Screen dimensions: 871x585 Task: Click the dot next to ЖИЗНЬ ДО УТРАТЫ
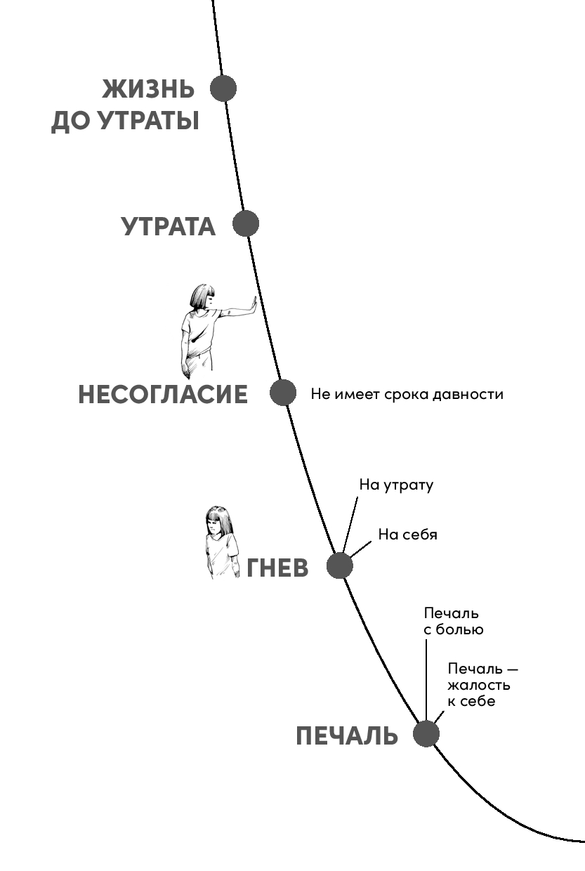[223, 89]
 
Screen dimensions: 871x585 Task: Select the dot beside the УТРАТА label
[246, 224]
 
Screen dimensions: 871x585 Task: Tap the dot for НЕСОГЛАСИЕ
[283, 393]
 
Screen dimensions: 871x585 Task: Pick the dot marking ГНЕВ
[340, 565]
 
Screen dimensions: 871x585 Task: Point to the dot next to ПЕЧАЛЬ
[426, 734]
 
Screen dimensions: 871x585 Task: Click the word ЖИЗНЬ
[148, 90]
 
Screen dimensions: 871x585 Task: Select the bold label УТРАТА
[169, 227]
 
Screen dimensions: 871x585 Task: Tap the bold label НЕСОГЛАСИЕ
[163, 395]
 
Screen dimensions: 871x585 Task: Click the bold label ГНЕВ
[277, 568]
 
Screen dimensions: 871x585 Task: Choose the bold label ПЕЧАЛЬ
[347, 737]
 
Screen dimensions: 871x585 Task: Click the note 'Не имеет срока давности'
[407, 394]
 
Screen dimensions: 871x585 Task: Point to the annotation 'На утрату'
[396, 485]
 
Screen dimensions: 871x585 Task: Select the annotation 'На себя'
[407, 535]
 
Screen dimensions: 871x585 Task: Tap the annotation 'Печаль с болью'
[453, 622]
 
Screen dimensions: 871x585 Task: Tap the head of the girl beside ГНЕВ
[220, 520]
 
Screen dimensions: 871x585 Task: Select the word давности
[470, 394]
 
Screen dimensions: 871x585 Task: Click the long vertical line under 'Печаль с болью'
[426, 674]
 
